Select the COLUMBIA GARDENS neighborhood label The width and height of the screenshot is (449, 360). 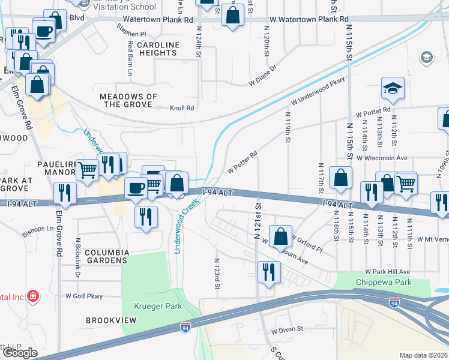[x=106, y=256]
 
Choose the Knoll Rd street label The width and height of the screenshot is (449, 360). [x=182, y=108]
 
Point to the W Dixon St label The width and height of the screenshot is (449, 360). [x=288, y=330]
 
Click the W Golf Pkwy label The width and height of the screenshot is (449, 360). [x=85, y=296]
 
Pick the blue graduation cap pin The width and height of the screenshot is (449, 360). [x=393, y=89]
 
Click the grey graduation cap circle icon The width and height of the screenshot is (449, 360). [x=427, y=58]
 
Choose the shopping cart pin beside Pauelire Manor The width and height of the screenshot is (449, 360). [x=88, y=170]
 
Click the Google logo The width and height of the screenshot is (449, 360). [x=20, y=353]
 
